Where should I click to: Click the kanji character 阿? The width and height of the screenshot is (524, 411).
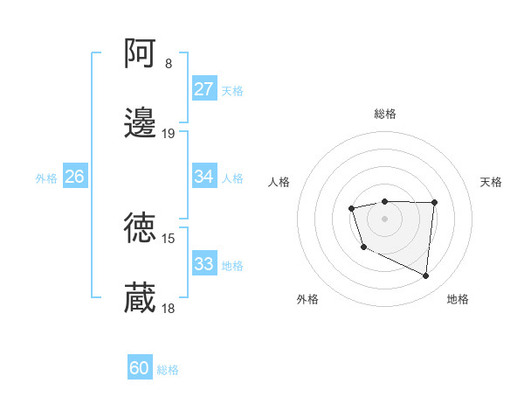(x=141, y=55)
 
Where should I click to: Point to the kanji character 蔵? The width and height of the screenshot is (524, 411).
(x=141, y=298)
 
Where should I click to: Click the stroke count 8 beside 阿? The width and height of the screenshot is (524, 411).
(x=169, y=64)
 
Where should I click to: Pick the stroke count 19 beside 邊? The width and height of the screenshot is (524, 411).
(x=169, y=134)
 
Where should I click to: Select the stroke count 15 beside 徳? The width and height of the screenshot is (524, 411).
(x=169, y=238)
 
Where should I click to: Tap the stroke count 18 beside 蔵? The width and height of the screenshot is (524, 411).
(x=169, y=308)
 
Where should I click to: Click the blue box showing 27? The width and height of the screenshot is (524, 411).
(x=204, y=89)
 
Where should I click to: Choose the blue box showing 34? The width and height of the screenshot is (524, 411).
(x=204, y=177)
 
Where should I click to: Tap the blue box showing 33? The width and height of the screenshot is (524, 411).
(x=204, y=264)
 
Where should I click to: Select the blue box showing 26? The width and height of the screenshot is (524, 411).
(x=74, y=177)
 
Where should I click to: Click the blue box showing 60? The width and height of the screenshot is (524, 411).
(x=140, y=369)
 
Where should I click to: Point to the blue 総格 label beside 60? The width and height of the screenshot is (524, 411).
(x=168, y=370)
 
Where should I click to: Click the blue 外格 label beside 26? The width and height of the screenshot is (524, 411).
(x=46, y=178)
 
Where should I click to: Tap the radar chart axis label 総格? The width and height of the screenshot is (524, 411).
(x=384, y=114)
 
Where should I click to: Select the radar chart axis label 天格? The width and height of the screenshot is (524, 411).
(x=491, y=182)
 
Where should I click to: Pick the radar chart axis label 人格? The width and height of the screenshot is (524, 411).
(x=279, y=182)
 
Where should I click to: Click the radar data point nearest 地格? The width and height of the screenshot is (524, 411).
(x=426, y=275)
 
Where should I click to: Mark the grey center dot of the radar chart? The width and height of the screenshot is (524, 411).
(x=384, y=217)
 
